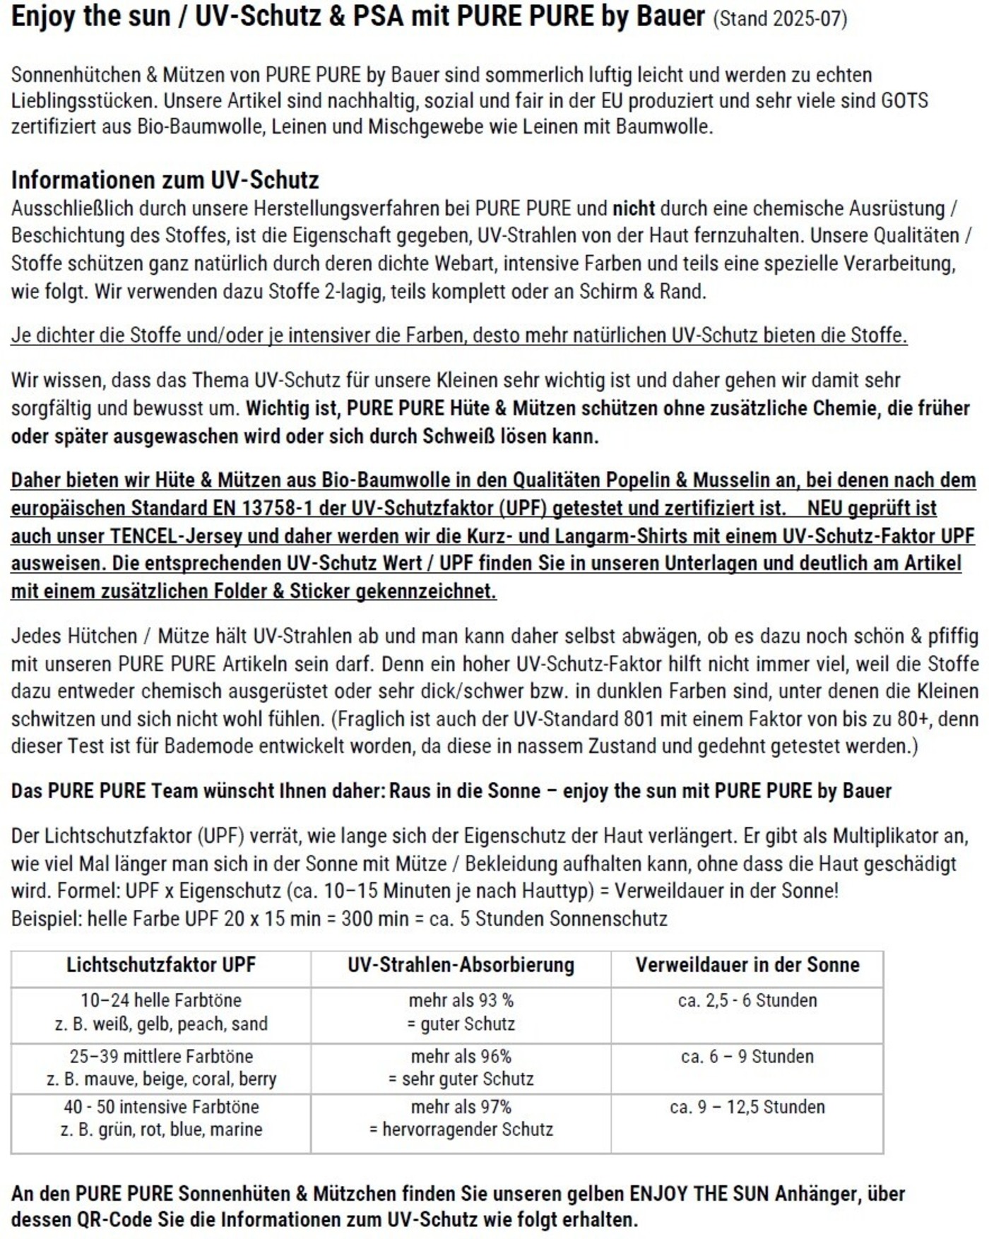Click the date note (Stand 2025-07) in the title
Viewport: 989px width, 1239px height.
[x=779, y=18]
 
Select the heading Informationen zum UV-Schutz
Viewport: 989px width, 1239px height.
[x=165, y=180]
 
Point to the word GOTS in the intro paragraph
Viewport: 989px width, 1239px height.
[x=904, y=101]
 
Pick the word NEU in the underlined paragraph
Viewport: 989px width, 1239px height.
[x=826, y=508]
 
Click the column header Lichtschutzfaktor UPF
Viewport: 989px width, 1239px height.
[x=161, y=965]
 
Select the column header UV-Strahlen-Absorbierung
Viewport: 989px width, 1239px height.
[x=461, y=965]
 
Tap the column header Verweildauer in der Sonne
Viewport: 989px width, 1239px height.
[x=747, y=965]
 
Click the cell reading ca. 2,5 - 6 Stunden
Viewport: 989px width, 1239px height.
[x=747, y=1000]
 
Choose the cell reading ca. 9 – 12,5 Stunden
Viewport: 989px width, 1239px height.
[x=747, y=1107]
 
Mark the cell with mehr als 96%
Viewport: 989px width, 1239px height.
[x=461, y=1057]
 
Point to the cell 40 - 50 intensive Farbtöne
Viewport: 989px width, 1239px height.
[x=161, y=1107]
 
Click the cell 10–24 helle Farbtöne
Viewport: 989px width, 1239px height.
[x=161, y=1000]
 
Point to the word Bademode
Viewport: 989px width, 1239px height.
[x=208, y=747]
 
